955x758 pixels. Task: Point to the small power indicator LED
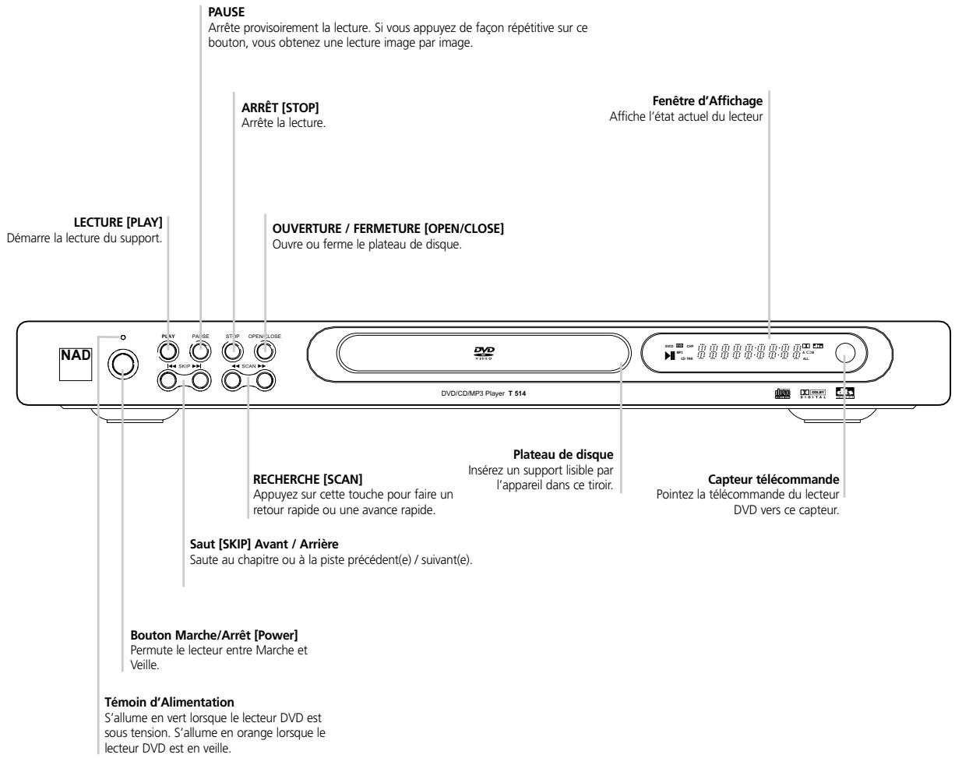(x=123, y=337)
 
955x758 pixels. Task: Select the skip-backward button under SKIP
(x=168, y=379)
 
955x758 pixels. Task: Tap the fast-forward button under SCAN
(x=265, y=379)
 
